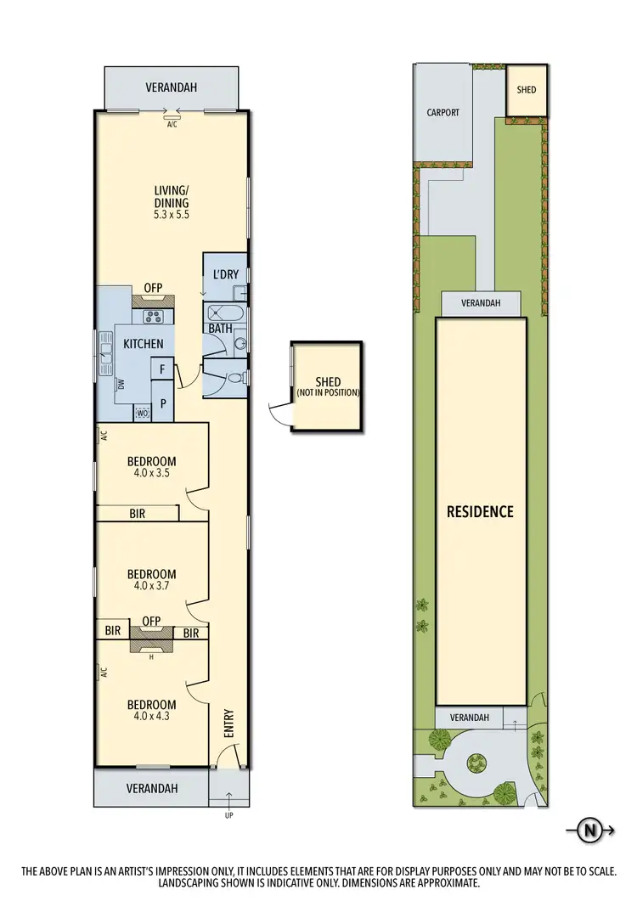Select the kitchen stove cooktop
(x=155, y=318)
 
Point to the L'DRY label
(x=225, y=274)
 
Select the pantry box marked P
(x=162, y=404)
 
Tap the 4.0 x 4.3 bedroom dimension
(x=151, y=717)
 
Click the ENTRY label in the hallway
(x=228, y=723)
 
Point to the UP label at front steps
(x=228, y=815)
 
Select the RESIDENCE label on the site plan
(x=481, y=511)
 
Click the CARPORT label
(x=443, y=111)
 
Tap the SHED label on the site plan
(x=527, y=89)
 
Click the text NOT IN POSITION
(x=327, y=392)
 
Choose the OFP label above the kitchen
(x=153, y=288)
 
